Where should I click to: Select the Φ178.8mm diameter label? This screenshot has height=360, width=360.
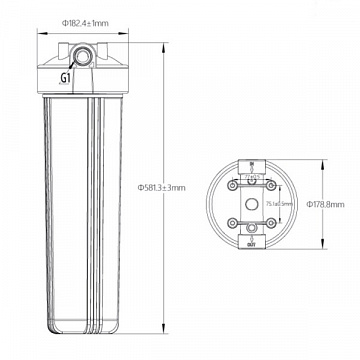tap(326, 203)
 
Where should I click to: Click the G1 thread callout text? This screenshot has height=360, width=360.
tap(66, 77)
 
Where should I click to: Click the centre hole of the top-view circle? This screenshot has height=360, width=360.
tap(251, 203)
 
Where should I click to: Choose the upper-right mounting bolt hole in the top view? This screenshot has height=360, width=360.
tap(268, 184)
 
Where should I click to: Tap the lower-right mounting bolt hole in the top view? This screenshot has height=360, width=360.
tap(268, 221)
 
